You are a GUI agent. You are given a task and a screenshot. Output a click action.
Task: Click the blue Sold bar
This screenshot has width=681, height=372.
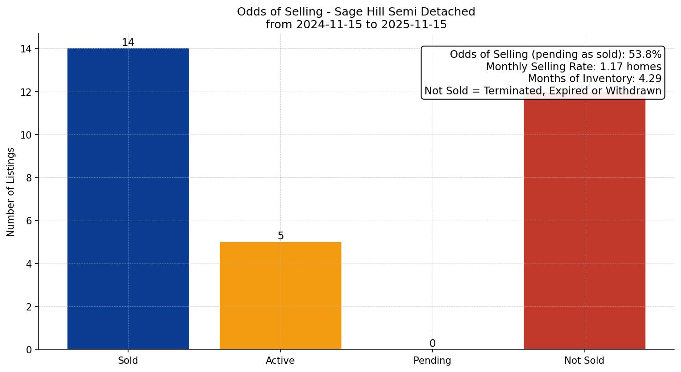tap(128, 199)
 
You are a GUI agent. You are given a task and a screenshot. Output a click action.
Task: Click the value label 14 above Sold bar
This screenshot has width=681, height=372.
tap(128, 43)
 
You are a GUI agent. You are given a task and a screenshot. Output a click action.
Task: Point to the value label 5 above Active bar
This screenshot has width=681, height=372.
tap(281, 236)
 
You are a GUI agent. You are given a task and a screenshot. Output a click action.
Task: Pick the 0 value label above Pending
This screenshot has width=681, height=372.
tap(433, 344)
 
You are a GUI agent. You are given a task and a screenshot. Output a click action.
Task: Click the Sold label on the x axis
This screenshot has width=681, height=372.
tap(128, 361)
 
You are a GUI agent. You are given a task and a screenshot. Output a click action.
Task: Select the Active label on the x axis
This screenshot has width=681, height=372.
tap(280, 361)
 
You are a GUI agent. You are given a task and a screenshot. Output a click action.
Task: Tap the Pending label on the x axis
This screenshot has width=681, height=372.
tap(433, 361)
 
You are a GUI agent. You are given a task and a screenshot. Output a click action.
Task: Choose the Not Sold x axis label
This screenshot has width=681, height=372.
tap(584, 361)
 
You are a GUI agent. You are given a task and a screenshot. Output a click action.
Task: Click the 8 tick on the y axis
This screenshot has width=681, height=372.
tap(29, 178)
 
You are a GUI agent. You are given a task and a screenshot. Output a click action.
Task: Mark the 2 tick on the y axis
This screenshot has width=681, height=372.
tap(29, 307)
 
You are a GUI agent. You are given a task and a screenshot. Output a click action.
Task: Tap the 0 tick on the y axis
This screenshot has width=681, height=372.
tap(29, 350)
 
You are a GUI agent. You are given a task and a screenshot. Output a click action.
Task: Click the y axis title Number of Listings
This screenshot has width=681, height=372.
tap(11, 191)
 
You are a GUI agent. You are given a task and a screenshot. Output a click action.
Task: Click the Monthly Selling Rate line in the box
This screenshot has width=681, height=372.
tap(573, 67)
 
